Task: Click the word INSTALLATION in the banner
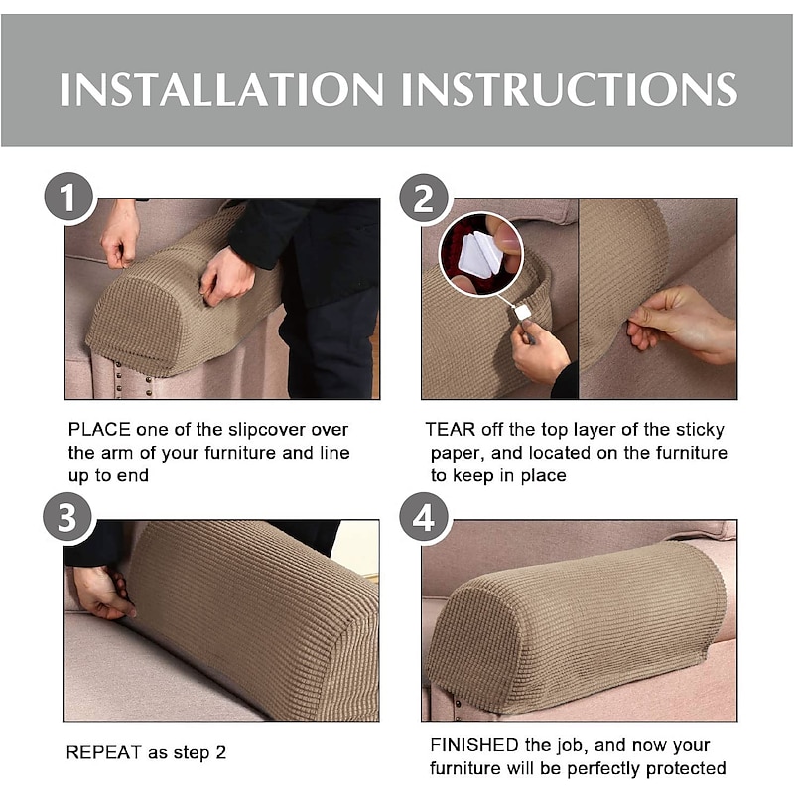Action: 221,89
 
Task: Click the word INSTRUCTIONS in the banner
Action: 569,89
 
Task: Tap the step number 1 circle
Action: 68,197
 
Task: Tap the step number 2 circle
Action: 424,198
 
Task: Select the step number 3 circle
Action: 67,517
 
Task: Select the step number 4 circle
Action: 424,517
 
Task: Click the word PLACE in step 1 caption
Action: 99,430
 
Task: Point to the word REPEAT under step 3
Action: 104,752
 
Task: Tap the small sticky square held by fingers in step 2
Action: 522,312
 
